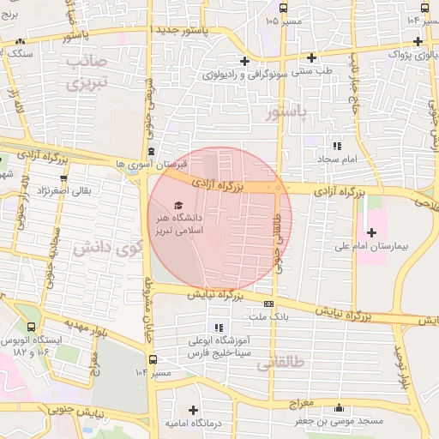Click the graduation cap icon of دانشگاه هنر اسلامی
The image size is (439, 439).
(x=178, y=205)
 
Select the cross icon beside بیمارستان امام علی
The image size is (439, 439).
(x=371, y=232)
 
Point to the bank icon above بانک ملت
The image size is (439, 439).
(x=268, y=304)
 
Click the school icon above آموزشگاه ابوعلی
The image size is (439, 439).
(x=218, y=328)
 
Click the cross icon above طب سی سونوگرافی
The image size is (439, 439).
(x=245, y=60)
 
